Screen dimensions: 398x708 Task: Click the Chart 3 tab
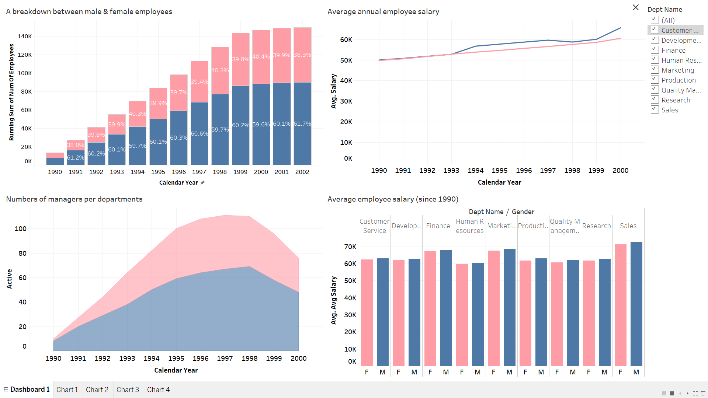(x=128, y=390)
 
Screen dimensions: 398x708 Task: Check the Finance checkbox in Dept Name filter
(x=655, y=50)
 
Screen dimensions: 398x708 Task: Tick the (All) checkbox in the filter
(x=655, y=20)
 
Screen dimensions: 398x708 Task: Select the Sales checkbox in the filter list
(x=655, y=109)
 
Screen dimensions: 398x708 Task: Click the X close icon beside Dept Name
(x=635, y=7)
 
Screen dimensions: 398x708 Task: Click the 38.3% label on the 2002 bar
(x=302, y=55)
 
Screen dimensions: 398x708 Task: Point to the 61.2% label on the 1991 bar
(x=76, y=157)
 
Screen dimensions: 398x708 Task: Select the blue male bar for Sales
(x=636, y=304)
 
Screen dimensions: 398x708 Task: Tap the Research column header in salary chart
(x=596, y=226)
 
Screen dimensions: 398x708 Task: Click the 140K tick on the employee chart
(x=25, y=36)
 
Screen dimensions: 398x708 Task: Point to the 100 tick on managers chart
(x=21, y=228)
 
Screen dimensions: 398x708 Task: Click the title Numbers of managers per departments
(x=74, y=199)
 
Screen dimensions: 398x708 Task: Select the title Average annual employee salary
(x=383, y=11)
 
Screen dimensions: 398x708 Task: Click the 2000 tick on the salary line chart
(x=620, y=170)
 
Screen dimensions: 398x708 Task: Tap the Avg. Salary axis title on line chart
(x=334, y=91)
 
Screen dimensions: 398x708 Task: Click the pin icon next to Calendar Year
(x=202, y=182)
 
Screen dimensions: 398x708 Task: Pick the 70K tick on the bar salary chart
(x=350, y=247)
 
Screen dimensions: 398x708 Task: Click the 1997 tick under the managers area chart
(x=225, y=358)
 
